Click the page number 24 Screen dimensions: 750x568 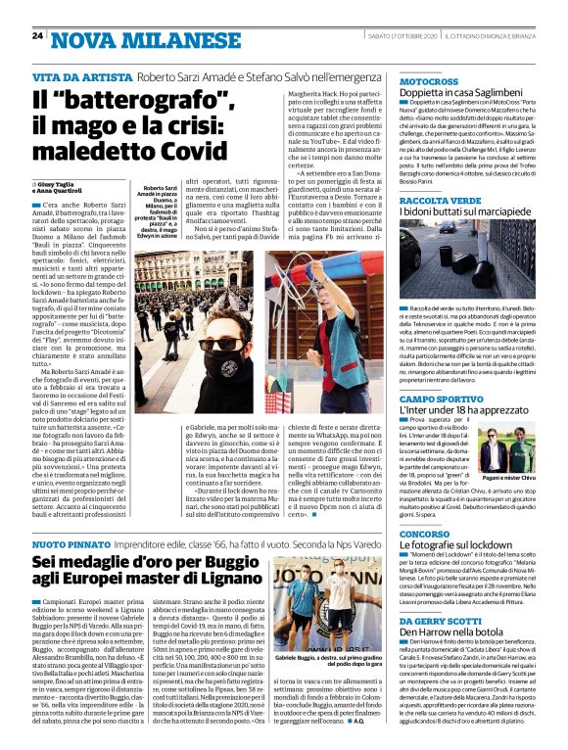(x=37, y=37)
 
